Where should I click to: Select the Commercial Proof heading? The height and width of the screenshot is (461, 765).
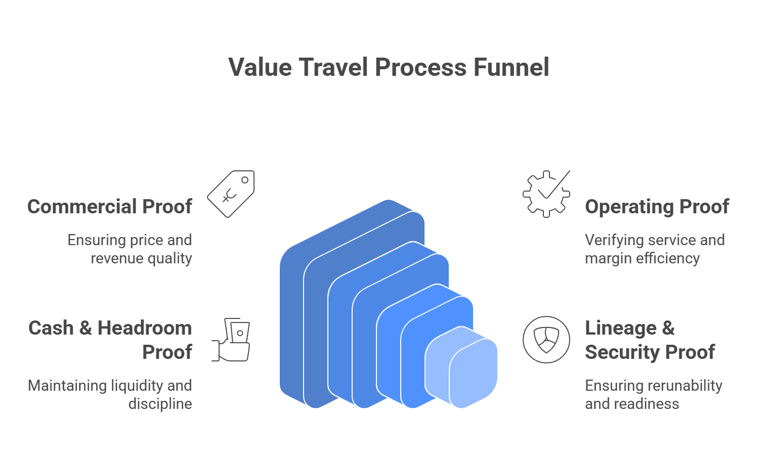pos(110,207)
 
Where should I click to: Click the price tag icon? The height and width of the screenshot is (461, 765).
pos(231,194)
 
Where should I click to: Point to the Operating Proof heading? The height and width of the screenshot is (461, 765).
pos(657,207)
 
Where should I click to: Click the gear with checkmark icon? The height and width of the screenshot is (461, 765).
pos(546,194)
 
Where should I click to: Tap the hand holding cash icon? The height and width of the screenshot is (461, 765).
pos(231,340)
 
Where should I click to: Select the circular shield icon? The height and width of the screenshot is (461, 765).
pos(546,340)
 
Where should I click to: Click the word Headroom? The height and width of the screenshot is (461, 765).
pos(145,328)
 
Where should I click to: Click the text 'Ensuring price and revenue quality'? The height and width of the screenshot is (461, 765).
pos(130,249)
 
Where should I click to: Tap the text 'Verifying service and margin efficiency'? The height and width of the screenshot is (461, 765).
pos(654,249)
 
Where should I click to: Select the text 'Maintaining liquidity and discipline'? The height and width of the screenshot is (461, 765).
pos(110,395)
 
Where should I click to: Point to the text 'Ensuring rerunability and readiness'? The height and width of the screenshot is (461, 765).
pos(653,395)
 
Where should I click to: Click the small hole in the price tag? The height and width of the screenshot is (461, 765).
pos(245,180)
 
